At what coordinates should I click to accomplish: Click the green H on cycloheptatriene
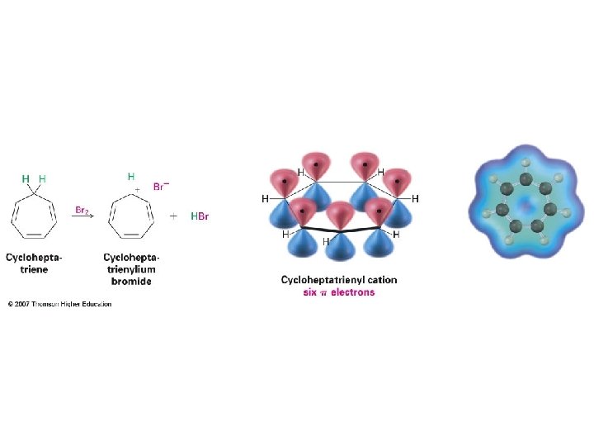pyautogui.click(x=26, y=178)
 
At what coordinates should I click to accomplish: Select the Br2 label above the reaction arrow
pyautogui.click(x=82, y=211)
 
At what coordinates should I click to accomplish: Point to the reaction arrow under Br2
pyautogui.click(x=83, y=218)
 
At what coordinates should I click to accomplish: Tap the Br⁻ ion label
pyautogui.click(x=161, y=185)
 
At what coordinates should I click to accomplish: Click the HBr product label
pyautogui.click(x=200, y=216)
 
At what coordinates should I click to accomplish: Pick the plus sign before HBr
pyautogui.click(x=174, y=216)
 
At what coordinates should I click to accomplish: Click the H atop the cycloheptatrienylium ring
pyautogui.click(x=130, y=176)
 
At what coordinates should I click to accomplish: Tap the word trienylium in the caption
pyautogui.click(x=132, y=269)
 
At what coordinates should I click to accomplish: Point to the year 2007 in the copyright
pyautogui.click(x=21, y=304)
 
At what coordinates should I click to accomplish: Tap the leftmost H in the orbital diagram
pyautogui.click(x=265, y=199)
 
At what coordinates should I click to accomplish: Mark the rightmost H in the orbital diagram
pyautogui.click(x=416, y=199)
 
